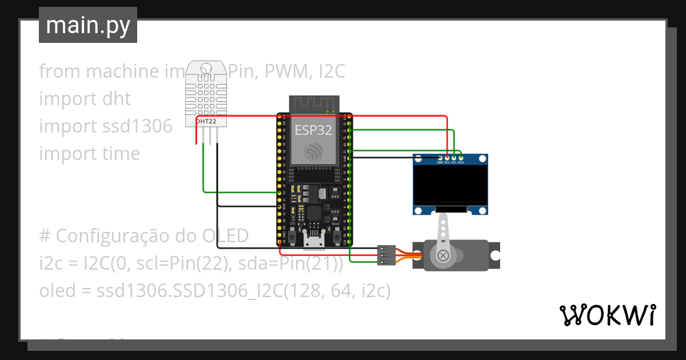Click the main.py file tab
[x=87, y=25]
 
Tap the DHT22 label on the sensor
[x=206, y=121]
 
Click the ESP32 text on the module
[x=313, y=130]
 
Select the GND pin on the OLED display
[x=440, y=158]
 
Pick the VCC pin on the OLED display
[x=447, y=158]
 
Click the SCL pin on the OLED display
[x=454, y=158]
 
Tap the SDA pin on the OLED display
[x=461, y=158]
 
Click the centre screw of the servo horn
[x=442, y=257]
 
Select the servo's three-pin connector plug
[x=386, y=255]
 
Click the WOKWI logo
[x=607, y=315]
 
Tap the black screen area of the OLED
[x=451, y=186]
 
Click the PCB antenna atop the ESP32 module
[x=313, y=104]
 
